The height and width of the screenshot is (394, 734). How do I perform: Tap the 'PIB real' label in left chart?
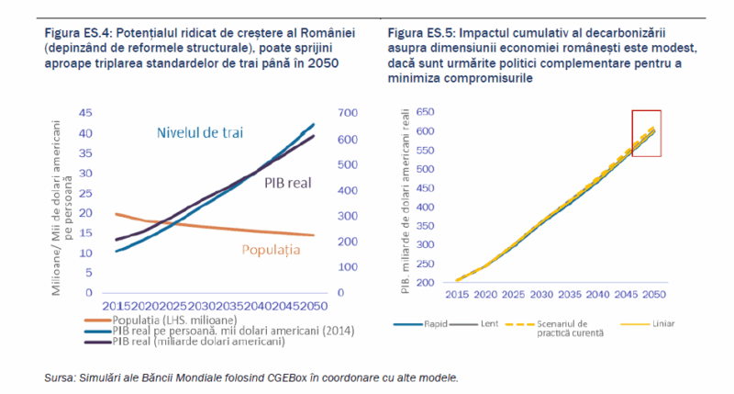[x=289, y=182]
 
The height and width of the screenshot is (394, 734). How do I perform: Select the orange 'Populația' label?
[x=272, y=249]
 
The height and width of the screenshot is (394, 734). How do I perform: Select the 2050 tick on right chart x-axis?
[x=652, y=295]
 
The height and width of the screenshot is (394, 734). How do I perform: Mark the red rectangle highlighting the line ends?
[x=646, y=132]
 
